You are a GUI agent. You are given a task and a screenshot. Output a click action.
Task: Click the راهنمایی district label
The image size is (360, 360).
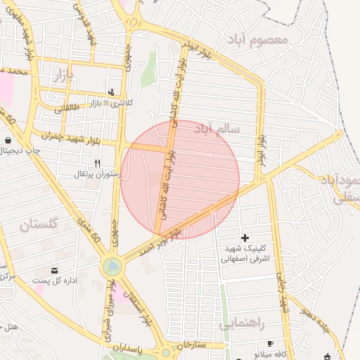(x=241, y=324)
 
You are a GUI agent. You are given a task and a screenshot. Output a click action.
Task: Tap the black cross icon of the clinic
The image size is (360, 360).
(x=245, y=238)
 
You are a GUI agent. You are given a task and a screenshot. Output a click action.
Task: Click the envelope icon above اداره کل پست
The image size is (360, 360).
(x=55, y=270)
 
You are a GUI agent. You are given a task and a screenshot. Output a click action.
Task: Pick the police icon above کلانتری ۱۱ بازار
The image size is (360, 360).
(x=111, y=92)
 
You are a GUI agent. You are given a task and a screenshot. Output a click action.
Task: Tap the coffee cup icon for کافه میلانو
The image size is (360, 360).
(x=271, y=342)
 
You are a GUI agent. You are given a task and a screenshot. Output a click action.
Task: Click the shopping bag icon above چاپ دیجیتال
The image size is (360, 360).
(x=8, y=140)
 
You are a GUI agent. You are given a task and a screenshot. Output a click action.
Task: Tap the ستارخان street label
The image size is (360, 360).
(x=189, y=345)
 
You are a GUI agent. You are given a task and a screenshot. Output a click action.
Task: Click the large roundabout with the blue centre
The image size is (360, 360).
(x=111, y=266)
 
